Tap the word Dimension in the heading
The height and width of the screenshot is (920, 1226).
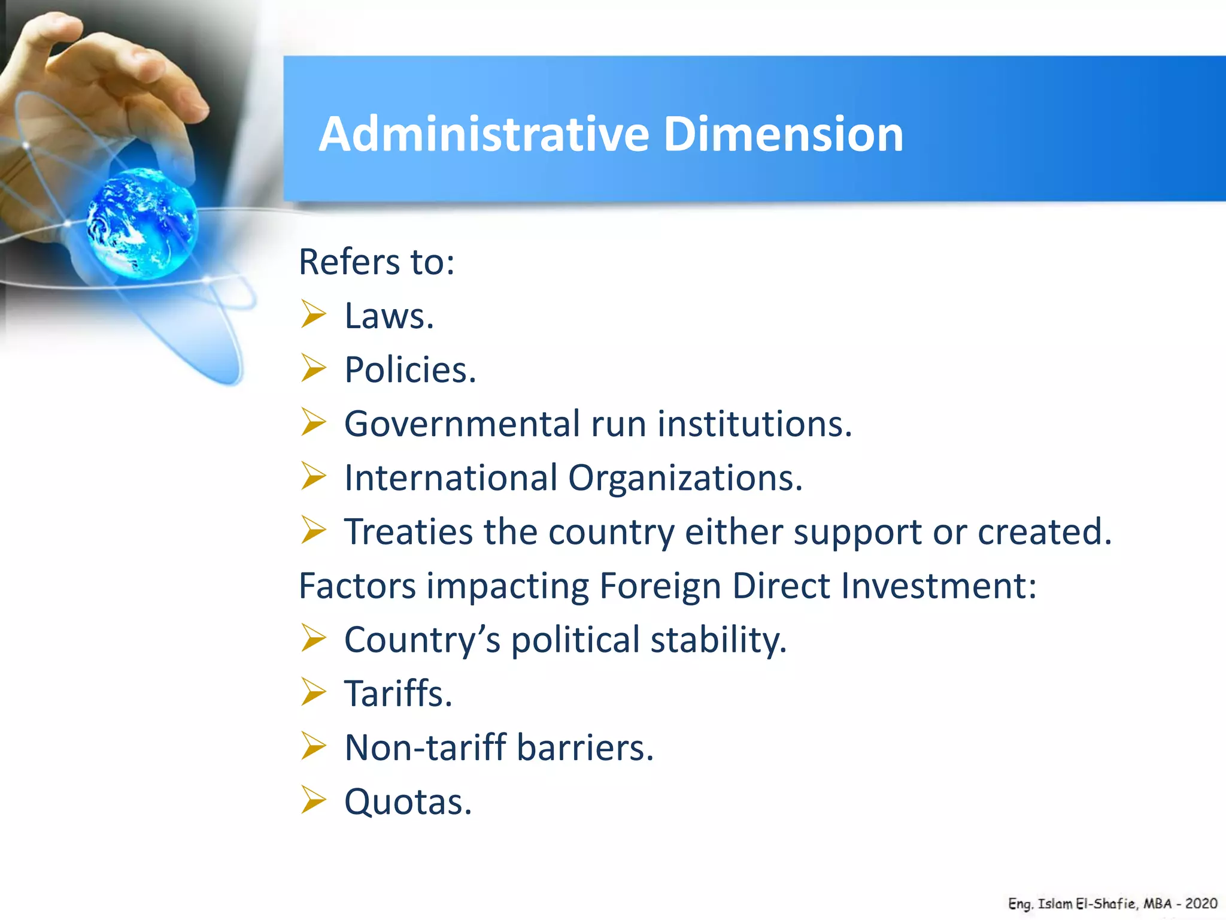[783, 134]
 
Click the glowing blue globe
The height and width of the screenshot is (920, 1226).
[142, 223]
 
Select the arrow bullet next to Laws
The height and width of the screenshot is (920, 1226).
[313, 314]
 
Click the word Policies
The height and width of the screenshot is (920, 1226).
[410, 370]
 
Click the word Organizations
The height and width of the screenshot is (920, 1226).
[685, 478]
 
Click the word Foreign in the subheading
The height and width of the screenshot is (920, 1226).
[660, 586]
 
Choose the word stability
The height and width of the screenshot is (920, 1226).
[718, 640]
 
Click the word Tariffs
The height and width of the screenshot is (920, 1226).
[398, 694]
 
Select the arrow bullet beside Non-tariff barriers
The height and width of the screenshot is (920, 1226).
[313, 746]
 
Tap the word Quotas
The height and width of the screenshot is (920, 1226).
[408, 801]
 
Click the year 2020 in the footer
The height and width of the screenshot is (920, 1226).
[1201, 903]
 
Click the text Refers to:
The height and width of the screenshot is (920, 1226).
[377, 262]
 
